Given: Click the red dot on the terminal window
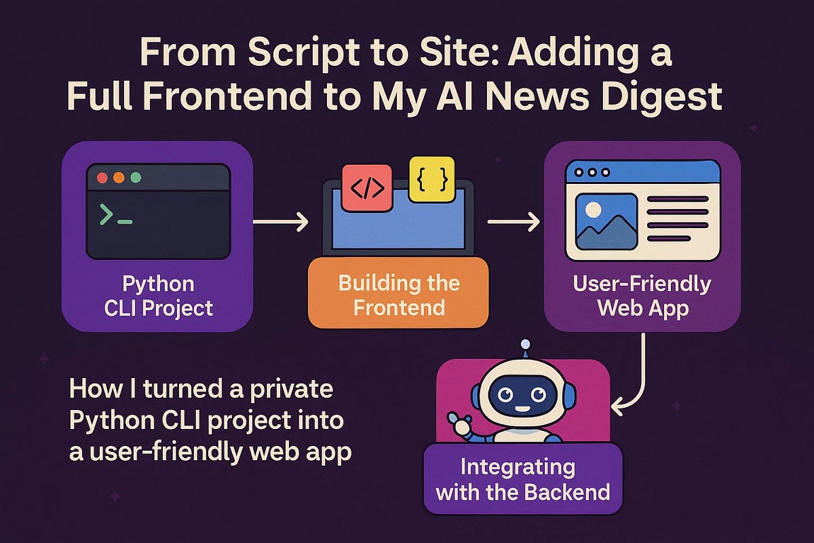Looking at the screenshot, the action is pos(102,178).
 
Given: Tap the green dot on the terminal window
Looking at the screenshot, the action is pos(136,178).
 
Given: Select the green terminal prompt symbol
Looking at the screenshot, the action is pos(115,214).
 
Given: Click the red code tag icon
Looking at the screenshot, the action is pos(367,188).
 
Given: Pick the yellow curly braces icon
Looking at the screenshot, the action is pos(432,179).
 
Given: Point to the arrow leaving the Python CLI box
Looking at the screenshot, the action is pos(281,221).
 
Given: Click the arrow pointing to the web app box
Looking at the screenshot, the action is pos(513,221).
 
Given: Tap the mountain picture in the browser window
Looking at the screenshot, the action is pos(606,222).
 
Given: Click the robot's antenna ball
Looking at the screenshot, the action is pos(525,343).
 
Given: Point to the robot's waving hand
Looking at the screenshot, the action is pos(460,424).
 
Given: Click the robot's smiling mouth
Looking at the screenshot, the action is pos(522,409).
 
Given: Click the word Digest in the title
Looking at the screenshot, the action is pos(661,96).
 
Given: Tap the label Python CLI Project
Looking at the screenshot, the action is pos(159,296).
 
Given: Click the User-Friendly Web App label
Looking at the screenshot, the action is pos(642,296).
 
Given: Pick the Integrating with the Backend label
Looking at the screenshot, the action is pos(523,479).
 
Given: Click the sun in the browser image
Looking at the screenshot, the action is pos(593,210).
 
